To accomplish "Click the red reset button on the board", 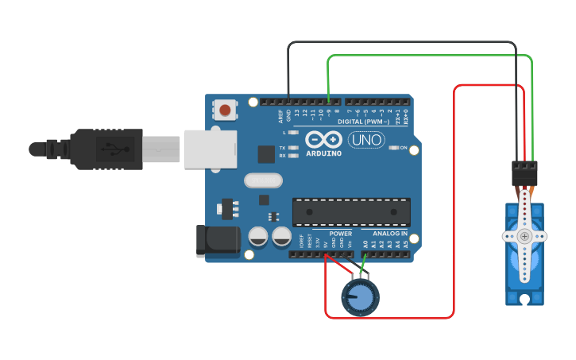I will (226, 110).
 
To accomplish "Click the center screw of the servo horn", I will (524, 236).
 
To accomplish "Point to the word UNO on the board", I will (366, 140).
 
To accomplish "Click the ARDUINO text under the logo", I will (323, 153).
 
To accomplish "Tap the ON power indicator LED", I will (392, 148).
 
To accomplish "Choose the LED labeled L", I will (293, 132).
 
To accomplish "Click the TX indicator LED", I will (293, 148).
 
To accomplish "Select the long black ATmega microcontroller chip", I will (351, 211).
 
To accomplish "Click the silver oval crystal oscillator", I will (263, 181).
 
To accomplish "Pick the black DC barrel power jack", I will (218, 240).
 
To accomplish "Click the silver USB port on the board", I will (211, 149).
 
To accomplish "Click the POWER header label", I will (341, 234).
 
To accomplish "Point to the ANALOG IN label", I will (391, 234).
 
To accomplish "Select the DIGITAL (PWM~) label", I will (363, 122).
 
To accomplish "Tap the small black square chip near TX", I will (266, 154).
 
